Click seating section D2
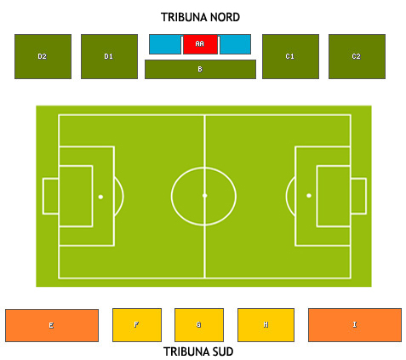pyautogui.click(x=43, y=56)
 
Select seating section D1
pyautogui.click(x=109, y=56)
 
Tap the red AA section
pyautogui.click(x=200, y=44)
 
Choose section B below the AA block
pyautogui.click(x=200, y=69)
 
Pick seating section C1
pyautogui.click(x=290, y=56)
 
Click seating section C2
pyautogui.click(x=357, y=56)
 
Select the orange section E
pyautogui.click(x=52, y=325)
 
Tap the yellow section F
pyautogui.click(x=137, y=325)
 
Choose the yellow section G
pyautogui.click(x=199, y=325)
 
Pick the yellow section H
pyautogui.click(x=266, y=325)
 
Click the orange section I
pyautogui.click(x=355, y=325)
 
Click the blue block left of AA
pyautogui.click(x=165, y=44)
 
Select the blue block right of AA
pyautogui.click(x=235, y=44)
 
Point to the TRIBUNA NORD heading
pyautogui.click(x=200, y=17)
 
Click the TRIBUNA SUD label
pyautogui.click(x=198, y=351)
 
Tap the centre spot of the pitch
pyautogui.click(x=205, y=196)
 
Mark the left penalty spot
pyautogui.click(x=100, y=197)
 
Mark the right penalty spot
pyautogui.click(x=309, y=196)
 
